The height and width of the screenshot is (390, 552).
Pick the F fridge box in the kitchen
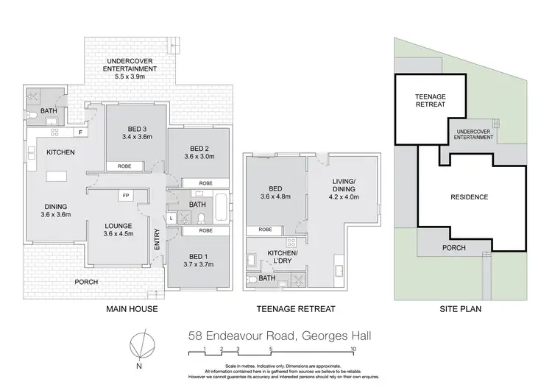[x=80, y=132]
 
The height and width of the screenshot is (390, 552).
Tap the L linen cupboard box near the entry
[x=171, y=218]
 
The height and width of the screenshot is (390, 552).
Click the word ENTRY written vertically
[x=158, y=245]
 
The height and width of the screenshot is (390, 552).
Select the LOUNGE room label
[x=117, y=227]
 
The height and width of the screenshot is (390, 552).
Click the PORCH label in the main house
[x=87, y=282]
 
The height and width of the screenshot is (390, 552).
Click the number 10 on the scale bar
[x=354, y=348]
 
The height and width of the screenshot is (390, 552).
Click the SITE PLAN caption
[x=461, y=309]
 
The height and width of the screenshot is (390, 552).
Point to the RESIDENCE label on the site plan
[x=469, y=197]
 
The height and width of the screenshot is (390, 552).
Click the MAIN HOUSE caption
[x=132, y=309]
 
